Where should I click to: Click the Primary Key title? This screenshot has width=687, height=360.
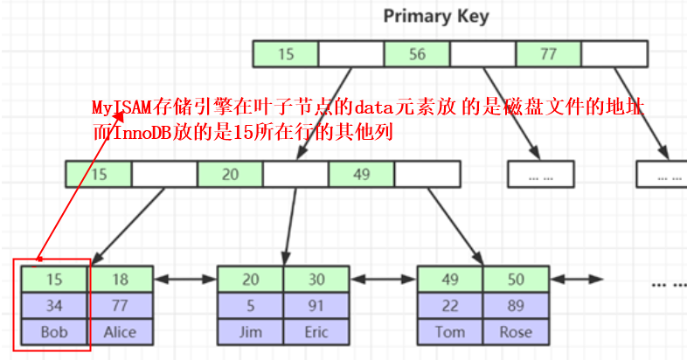(x=436, y=17)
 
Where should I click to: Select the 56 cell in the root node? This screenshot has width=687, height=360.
(x=417, y=54)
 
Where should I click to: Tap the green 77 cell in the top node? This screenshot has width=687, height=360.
(x=549, y=54)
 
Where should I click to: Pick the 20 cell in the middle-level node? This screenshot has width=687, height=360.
(x=230, y=174)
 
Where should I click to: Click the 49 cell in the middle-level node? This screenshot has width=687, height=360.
(x=362, y=174)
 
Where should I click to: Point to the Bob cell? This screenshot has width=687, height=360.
(x=54, y=332)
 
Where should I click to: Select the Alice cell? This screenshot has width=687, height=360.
(x=120, y=332)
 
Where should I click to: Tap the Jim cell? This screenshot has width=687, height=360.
(x=250, y=332)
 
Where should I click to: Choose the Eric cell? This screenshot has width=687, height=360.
(x=316, y=332)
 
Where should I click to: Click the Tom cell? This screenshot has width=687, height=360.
(x=450, y=332)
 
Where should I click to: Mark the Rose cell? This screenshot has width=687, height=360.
(x=517, y=332)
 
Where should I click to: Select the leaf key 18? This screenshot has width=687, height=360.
(x=120, y=280)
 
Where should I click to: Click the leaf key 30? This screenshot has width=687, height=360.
(x=316, y=280)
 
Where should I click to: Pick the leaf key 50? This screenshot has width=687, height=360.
(x=517, y=280)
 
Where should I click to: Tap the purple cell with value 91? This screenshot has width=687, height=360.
(x=316, y=306)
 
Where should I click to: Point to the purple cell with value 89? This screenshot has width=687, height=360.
(x=517, y=306)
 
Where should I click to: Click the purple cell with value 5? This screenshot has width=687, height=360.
(x=250, y=306)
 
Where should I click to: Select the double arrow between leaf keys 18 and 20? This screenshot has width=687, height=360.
(x=185, y=279)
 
